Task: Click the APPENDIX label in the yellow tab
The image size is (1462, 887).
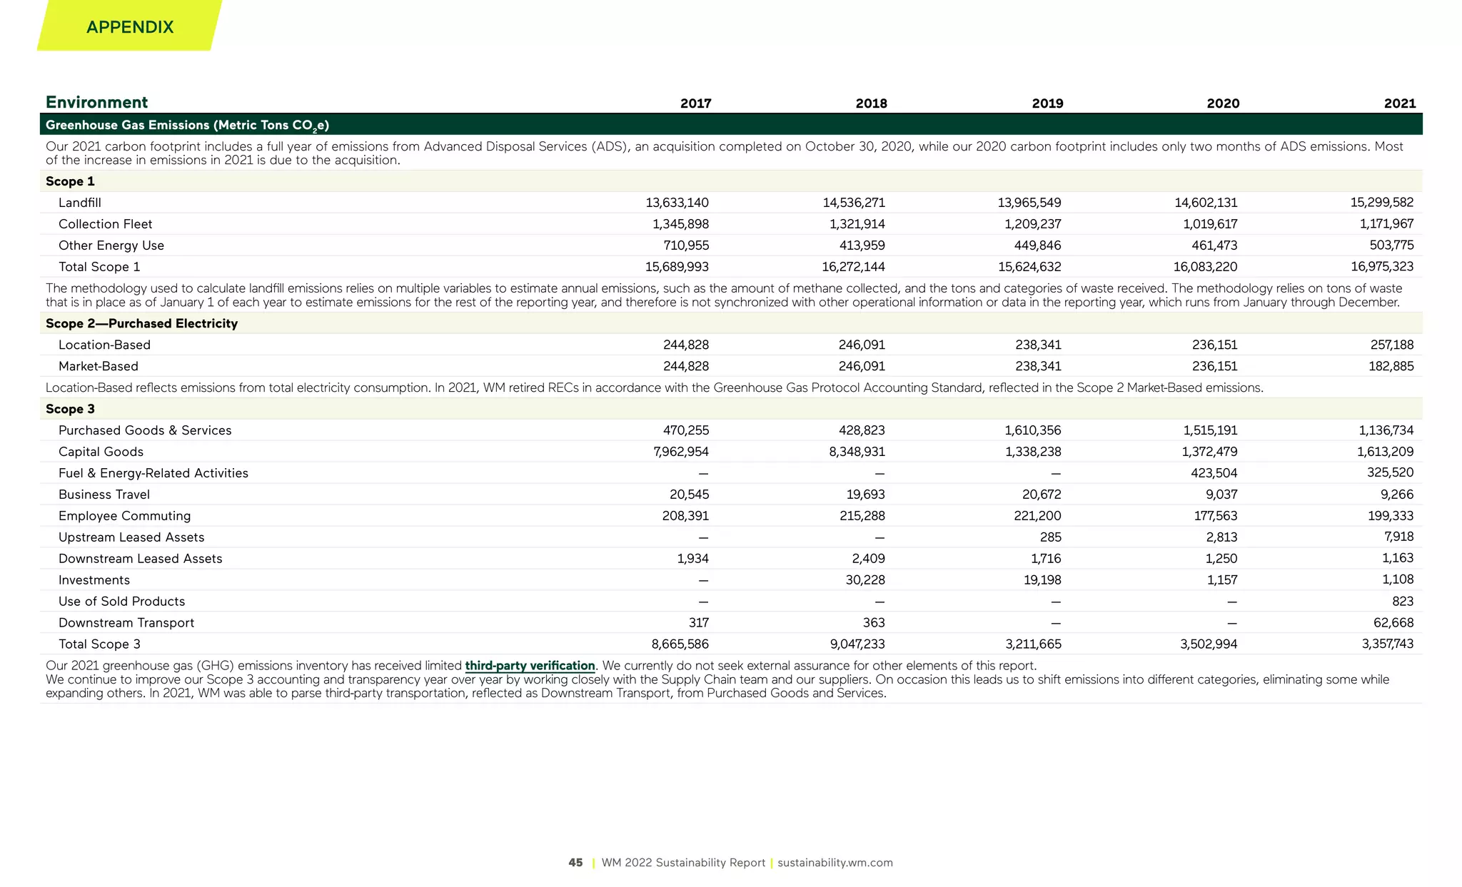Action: click(130, 27)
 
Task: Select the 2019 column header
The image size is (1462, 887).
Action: click(1047, 103)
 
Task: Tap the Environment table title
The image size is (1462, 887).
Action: click(96, 102)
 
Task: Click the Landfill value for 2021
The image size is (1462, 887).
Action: click(1381, 203)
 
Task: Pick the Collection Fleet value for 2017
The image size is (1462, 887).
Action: click(680, 224)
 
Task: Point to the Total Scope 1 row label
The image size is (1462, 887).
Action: click(99, 267)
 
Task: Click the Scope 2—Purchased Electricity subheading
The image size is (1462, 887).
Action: click(141, 323)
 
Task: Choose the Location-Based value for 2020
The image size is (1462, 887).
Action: click(1214, 345)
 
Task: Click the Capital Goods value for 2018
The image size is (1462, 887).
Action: click(857, 452)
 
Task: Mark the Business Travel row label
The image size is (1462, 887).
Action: click(104, 495)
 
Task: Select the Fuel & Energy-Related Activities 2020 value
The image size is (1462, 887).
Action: click(1214, 473)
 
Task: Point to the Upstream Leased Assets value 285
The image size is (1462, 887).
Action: click(1050, 537)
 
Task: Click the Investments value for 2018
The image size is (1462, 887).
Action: click(865, 580)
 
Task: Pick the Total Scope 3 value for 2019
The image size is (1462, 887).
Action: click(1033, 644)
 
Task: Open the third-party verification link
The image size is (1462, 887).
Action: click(530, 666)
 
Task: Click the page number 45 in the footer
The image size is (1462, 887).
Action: click(575, 863)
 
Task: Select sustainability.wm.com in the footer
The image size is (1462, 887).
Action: click(835, 863)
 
